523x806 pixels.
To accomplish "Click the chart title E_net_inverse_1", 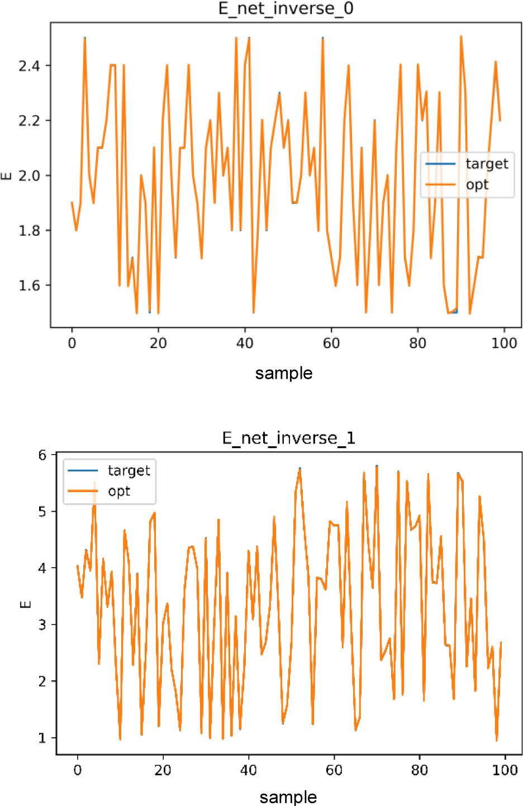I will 288,438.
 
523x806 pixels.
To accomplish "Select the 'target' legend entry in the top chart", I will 486,164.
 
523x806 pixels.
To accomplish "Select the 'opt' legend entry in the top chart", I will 477,184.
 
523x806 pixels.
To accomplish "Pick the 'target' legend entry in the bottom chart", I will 129,470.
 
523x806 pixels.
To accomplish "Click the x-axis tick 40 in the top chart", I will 245,343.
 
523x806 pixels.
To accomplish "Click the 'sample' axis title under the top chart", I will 284,373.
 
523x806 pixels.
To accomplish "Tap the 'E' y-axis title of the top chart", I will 7,176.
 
